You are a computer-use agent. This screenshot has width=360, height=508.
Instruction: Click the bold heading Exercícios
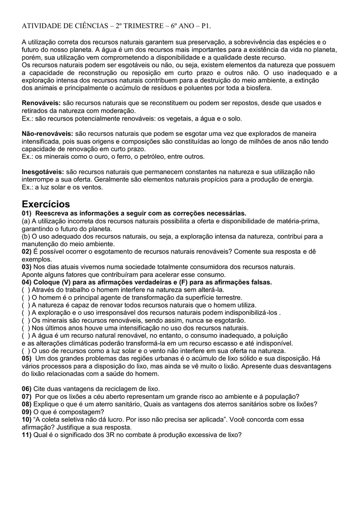pyautogui.click(x=46, y=204)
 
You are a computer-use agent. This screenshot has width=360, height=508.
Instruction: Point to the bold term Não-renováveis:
pyautogui.click(x=47, y=134)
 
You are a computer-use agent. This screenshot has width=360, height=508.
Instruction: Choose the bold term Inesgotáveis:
pyautogui.click(x=42, y=171)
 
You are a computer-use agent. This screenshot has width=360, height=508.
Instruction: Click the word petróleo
pyautogui.click(x=144, y=156)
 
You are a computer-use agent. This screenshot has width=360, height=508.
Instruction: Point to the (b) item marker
pyautogui.click(x=26, y=237)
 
